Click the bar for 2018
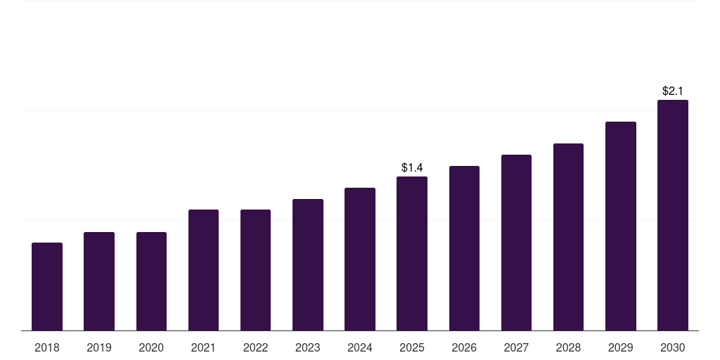point(47,287)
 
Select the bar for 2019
point(99,281)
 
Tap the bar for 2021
point(203,270)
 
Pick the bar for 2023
point(308,265)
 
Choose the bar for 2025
point(412,253)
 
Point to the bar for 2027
point(516,243)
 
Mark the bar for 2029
point(620,226)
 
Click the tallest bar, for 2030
point(673,215)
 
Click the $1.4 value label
point(412,167)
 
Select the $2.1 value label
point(673,91)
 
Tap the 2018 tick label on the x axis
point(47,347)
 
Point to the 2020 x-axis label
point(151,347)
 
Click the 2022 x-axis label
point(255,347)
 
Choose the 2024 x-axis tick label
point(359,347)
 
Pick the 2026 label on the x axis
point(464,347)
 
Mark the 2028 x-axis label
point(568,347)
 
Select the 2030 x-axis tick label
point(673,347)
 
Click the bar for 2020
point(151,281)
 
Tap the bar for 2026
point(464,248)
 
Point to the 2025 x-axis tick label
point(412,347)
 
